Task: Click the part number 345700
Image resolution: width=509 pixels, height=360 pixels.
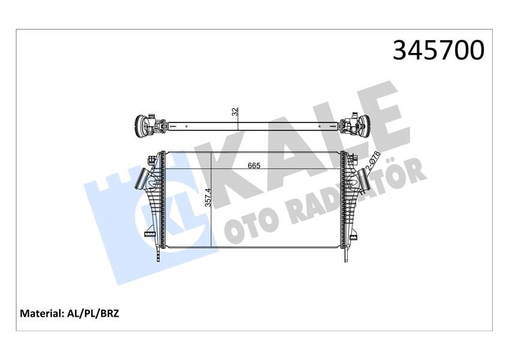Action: coord(438,50)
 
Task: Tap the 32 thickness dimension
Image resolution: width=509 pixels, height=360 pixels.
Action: coord(236,111)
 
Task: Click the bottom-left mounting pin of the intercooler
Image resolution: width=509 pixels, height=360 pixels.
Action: coord(159,256)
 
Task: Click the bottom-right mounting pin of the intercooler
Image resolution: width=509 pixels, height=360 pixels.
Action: coord(347,256)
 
